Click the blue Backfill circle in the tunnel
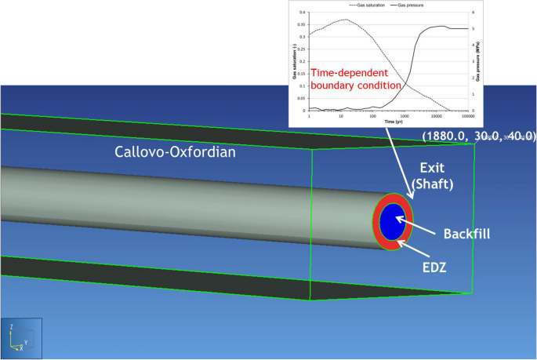[x=394, y=221]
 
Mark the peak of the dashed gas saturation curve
[x=343, y=20]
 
